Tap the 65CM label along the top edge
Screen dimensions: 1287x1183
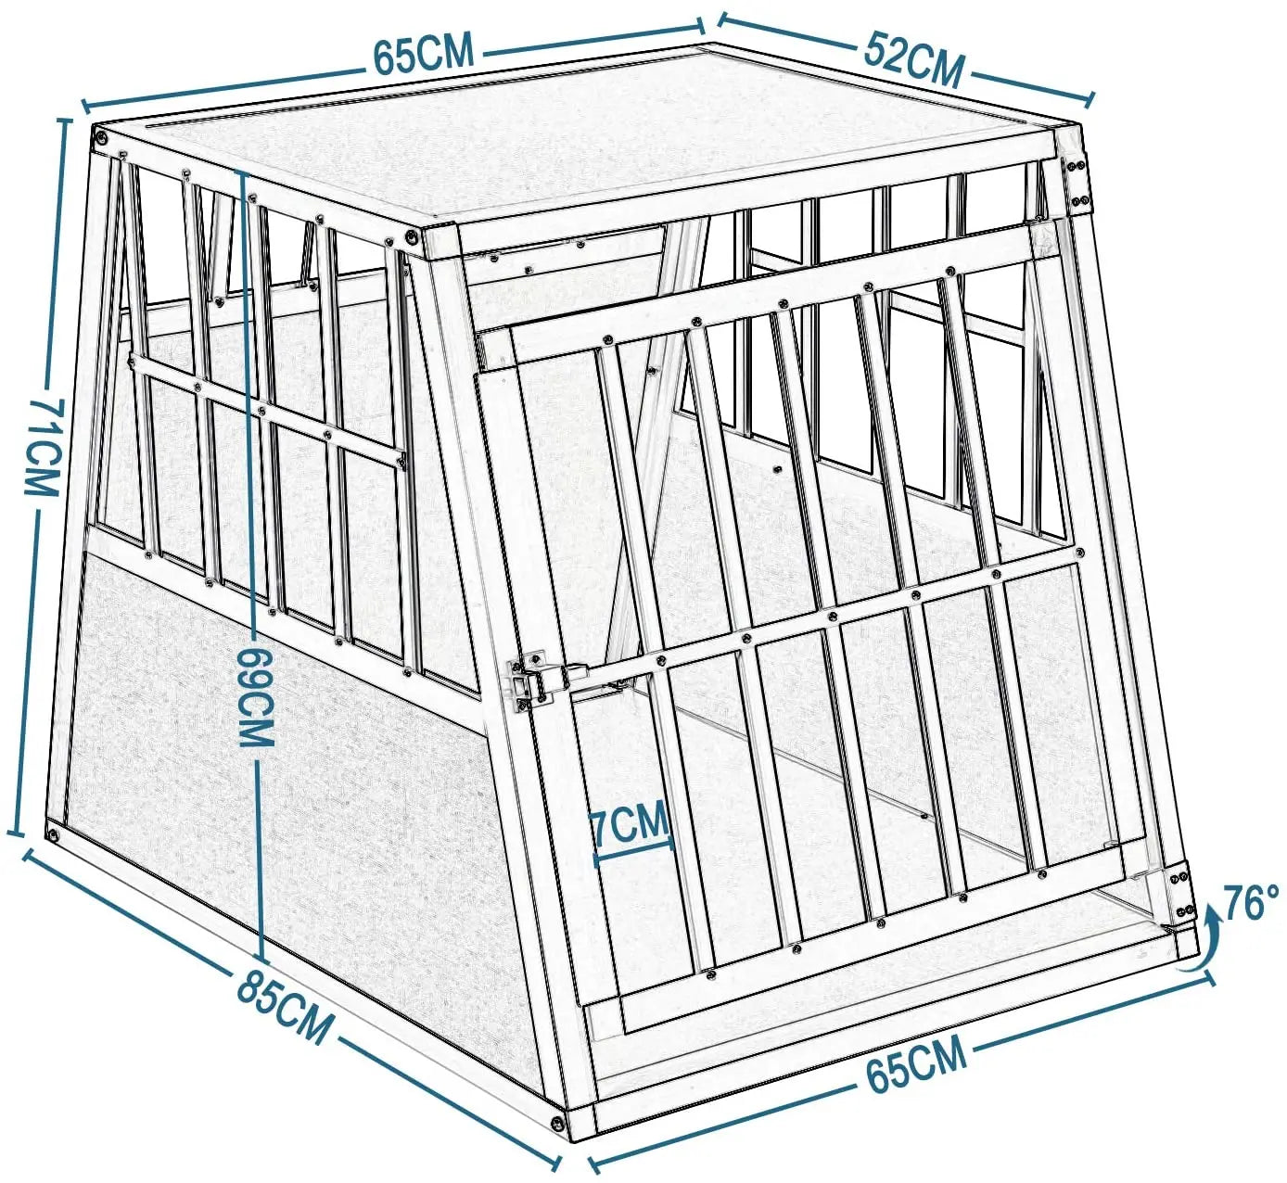click(x=424, y=52)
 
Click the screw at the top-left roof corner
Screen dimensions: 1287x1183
click(x=101, y=136)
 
